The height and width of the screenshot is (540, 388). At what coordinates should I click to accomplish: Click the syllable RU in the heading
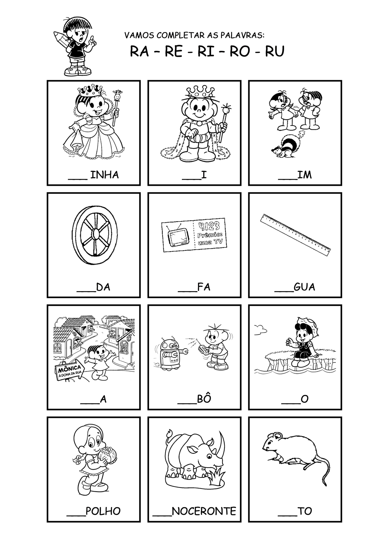coord(275,51)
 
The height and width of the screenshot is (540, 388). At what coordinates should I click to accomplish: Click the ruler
coord(295,235)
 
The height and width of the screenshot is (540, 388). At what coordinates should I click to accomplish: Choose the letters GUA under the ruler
coord(304,287)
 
